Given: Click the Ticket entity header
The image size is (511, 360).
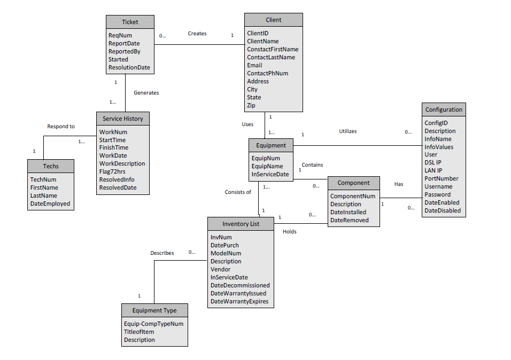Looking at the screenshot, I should (130, 22).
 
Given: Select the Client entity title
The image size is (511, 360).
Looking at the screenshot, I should (273, 20).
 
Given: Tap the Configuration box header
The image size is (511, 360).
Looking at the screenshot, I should (444, 109).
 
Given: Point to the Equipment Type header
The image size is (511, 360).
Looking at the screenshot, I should (154, 310).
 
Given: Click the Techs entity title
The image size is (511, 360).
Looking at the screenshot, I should (51, 166).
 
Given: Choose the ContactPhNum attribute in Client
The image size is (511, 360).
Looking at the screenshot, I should (267, 73).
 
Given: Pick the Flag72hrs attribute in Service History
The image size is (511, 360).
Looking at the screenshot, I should (113, 171).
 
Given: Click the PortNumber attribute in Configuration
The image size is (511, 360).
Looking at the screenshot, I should (441, 178).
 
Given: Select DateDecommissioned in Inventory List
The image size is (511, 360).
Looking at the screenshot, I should (240, 285).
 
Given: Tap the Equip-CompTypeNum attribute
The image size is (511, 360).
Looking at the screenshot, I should (153, 324).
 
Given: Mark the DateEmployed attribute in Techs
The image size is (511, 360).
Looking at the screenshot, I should (50, 204).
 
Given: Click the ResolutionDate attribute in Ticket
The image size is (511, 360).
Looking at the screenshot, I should (129, 68).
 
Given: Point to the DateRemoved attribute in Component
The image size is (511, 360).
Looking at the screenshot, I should (349, 220).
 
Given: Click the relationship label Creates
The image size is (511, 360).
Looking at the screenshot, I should (197, 34).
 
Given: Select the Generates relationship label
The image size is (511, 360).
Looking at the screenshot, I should (146, 93).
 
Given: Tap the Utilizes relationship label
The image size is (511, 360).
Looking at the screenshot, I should (348, 131).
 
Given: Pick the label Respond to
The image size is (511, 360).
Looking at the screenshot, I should (61, 127).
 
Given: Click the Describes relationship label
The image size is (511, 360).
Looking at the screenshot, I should (162, 253).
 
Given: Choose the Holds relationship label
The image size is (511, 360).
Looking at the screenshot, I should (290, 232).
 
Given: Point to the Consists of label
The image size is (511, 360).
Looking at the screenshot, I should (238, 192).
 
